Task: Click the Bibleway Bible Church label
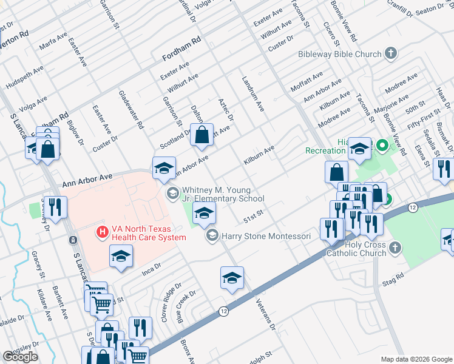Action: click(339, 54)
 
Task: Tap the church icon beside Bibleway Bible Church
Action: click(391, 53)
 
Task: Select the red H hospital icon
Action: click(103, 232)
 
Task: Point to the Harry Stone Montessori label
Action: click(266, 235)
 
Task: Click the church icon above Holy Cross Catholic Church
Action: click(395, 247)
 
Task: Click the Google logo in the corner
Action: click(21, 357)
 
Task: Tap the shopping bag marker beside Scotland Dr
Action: click(202, 135)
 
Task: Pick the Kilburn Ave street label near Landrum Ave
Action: click(259, 155)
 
